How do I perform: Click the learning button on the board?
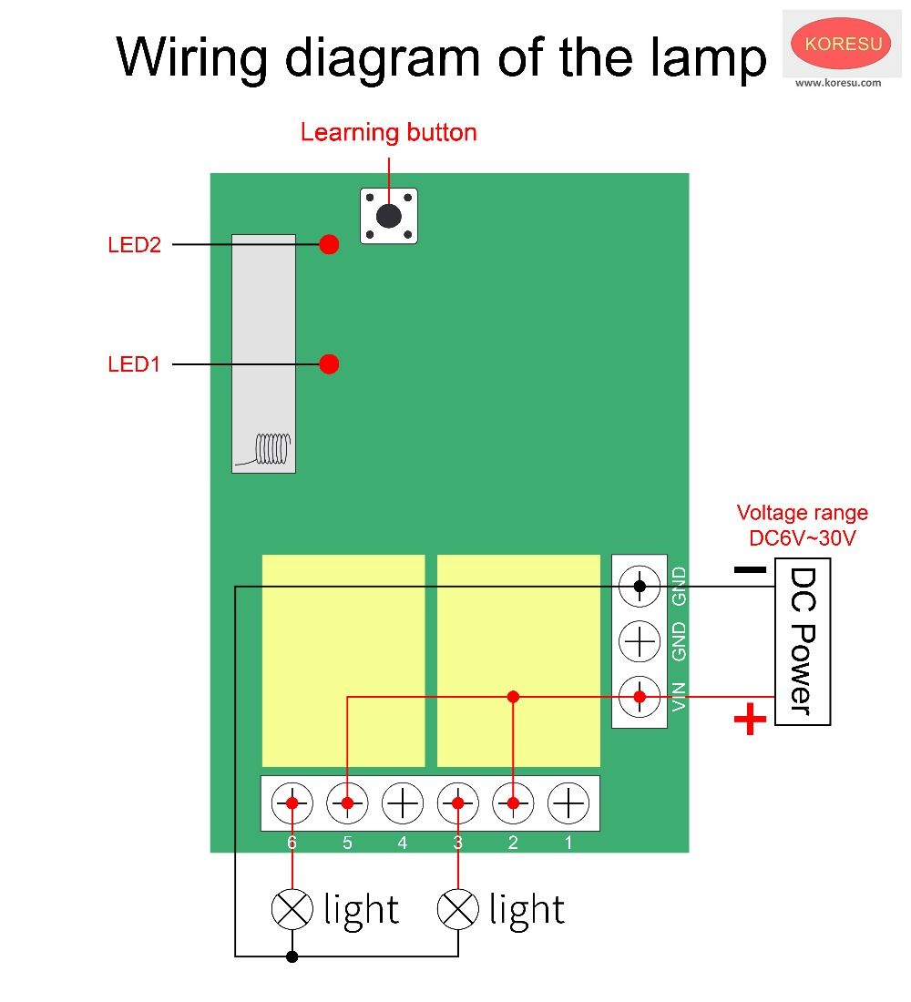(389, 216)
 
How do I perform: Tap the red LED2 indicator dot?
(330, 244)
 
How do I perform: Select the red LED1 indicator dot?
(330, 364)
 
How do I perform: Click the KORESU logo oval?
(840, 44)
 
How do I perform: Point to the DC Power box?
(802, 641)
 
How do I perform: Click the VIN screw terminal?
(640, 697)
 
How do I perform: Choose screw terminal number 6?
(292, 803)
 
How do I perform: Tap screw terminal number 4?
(402, 803)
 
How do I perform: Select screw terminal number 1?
(568, 803)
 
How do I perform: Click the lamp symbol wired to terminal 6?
(292, 908)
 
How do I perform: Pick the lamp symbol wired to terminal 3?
(457, 908)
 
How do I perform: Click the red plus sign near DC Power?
(750, 721)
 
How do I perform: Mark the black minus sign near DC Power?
(750, 570)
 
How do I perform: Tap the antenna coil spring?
(271, 446)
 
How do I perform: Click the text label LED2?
(134, 245)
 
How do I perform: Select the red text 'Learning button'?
(388, 133)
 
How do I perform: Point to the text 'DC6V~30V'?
(803, 537)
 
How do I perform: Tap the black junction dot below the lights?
(292, 956)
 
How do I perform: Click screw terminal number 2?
(513, 803)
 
